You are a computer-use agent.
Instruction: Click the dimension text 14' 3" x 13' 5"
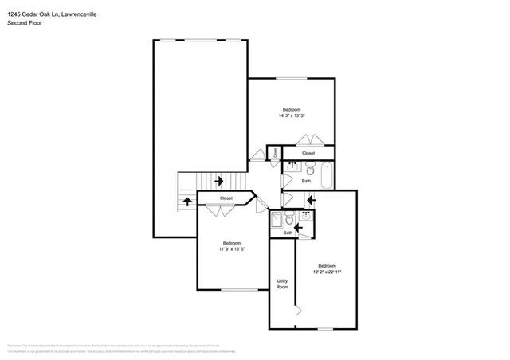(292, 115)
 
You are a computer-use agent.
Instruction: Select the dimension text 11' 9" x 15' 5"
(231, 249)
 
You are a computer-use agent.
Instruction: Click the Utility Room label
(282, 284)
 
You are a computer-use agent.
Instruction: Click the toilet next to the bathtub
(308, 168)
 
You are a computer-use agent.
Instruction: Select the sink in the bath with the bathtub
(292, 168)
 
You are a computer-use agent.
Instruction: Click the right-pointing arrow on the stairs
(218, 182)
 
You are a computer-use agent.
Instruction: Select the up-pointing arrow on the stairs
(187, 201)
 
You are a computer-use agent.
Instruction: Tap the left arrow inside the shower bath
(300, 228)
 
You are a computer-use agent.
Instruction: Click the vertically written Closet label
(276, 152)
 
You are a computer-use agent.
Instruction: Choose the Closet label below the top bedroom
(308, 153)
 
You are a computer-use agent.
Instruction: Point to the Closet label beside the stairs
(226, 198)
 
